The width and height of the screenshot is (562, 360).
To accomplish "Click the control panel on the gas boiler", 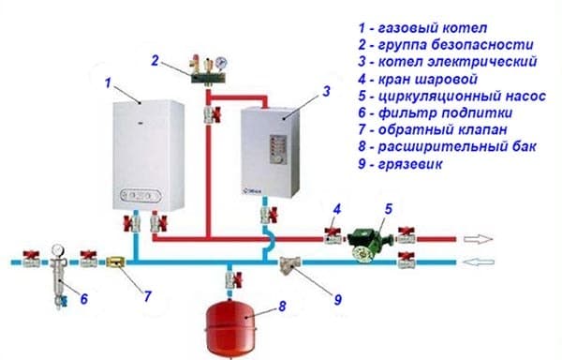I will (141, 197).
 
